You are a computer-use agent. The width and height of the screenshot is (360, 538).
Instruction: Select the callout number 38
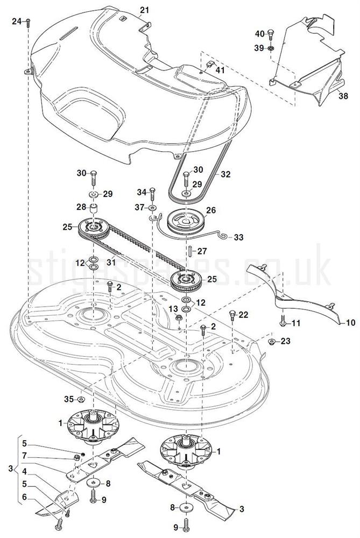(x=343, y=97)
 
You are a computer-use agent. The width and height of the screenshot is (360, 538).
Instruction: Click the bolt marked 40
(x=271, y=35)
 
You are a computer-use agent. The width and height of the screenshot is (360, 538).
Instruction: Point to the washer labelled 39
(x=271, y=48)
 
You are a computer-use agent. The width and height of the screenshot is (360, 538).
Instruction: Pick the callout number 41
(x=220, y=70)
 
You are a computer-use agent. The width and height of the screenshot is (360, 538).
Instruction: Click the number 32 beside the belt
(x=225, y=175)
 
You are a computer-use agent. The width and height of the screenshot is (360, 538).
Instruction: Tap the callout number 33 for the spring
(x=238, y=237)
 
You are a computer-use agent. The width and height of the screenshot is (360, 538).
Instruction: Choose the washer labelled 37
(x=153, y=207)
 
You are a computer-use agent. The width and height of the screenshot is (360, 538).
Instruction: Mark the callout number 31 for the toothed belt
(x=111, y=262)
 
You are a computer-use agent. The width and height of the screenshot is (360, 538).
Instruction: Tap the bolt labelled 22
(x=232, y=315)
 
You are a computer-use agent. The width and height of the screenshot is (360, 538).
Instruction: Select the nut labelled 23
(x=271, y=341)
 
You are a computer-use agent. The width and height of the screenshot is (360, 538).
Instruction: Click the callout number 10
(x=350, y=323)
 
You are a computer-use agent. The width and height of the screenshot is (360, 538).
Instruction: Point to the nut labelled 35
(x=81, y=399)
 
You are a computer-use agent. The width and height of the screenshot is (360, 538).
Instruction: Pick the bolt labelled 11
(x=283, y=323)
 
